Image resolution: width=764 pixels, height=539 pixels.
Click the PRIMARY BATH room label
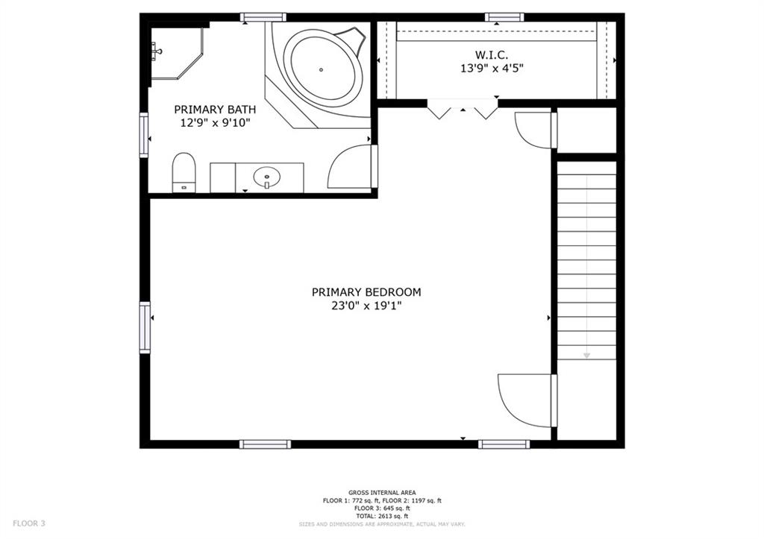215,110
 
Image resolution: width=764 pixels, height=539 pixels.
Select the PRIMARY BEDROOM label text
366,292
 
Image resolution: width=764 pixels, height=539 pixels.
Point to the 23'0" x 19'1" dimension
366,306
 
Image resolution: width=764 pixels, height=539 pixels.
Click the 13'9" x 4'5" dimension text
492,68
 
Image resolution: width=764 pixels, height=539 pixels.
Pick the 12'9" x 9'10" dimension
215,123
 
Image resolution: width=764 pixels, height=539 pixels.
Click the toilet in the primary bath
184,173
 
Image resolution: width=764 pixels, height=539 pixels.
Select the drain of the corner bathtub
321,69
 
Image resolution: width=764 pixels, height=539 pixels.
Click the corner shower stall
175,53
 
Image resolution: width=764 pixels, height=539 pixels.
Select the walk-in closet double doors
463,109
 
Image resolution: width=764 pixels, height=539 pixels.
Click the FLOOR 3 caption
29,523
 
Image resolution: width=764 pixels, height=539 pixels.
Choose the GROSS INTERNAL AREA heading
382,493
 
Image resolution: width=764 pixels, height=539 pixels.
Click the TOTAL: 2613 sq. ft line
382,516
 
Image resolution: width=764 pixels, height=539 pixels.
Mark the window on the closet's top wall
504,18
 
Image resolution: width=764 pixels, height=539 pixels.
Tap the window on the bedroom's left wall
145,327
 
